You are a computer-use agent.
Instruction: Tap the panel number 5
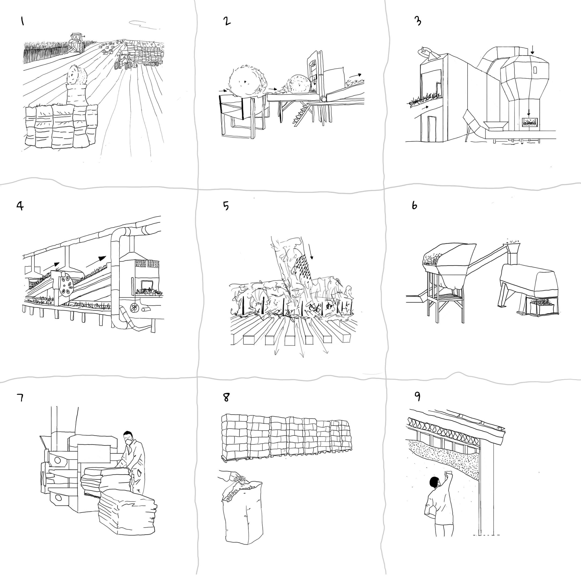pyautogui.click(x=226, y=206)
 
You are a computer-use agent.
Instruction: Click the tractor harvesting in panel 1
pyautogui.click(x=75, y=43)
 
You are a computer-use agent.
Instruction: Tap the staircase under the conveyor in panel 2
pyautogui.click(x=302, y=115)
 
